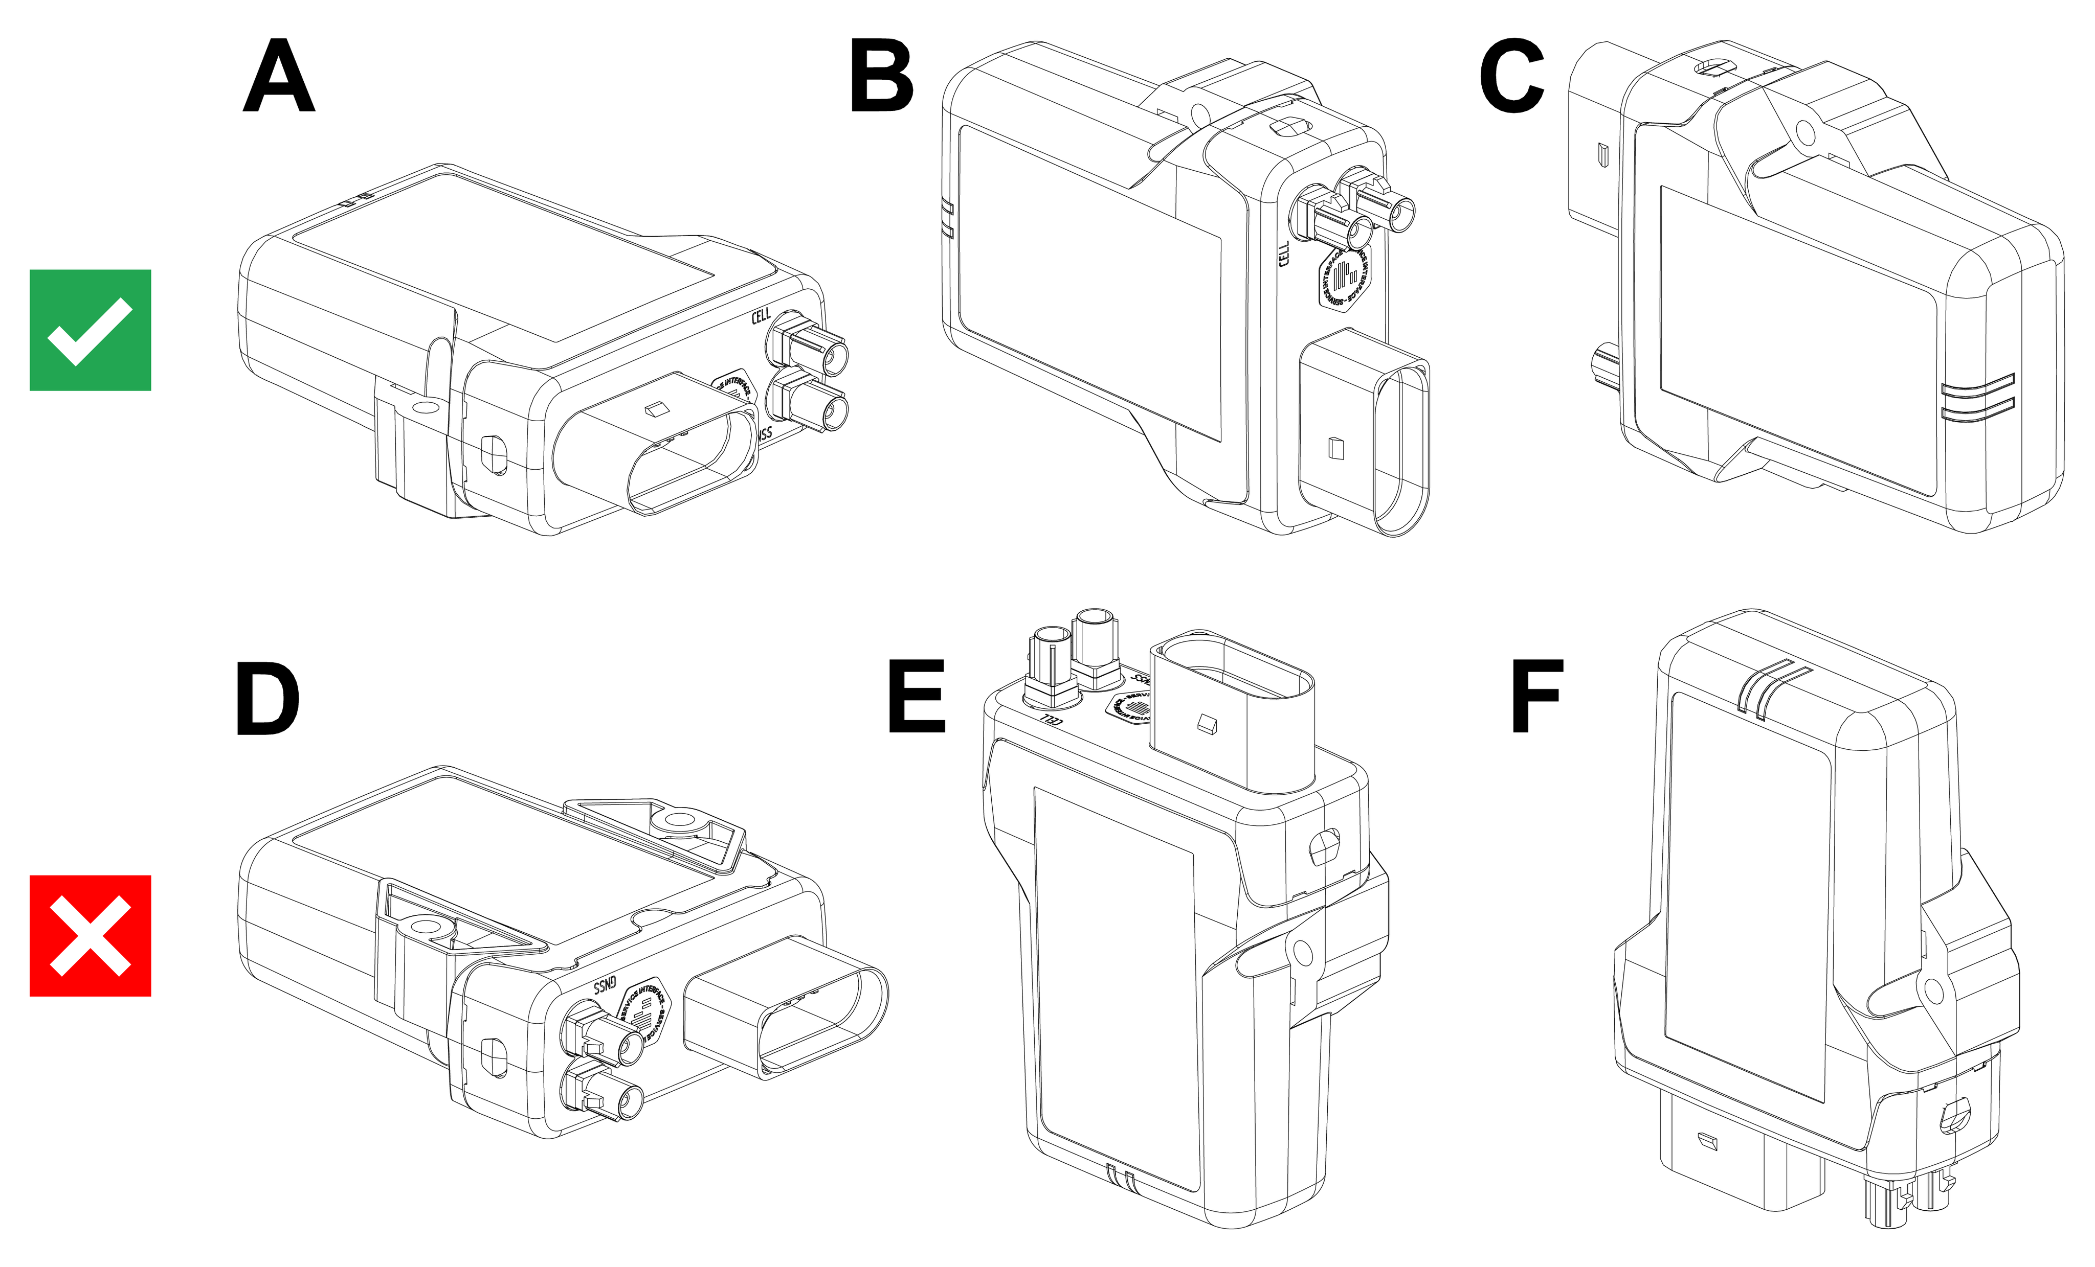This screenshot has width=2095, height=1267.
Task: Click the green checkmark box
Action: coord(90,331)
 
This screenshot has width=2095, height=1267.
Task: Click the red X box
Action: coord(90,936)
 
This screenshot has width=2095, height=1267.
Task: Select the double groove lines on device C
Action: coord(1978,398)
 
